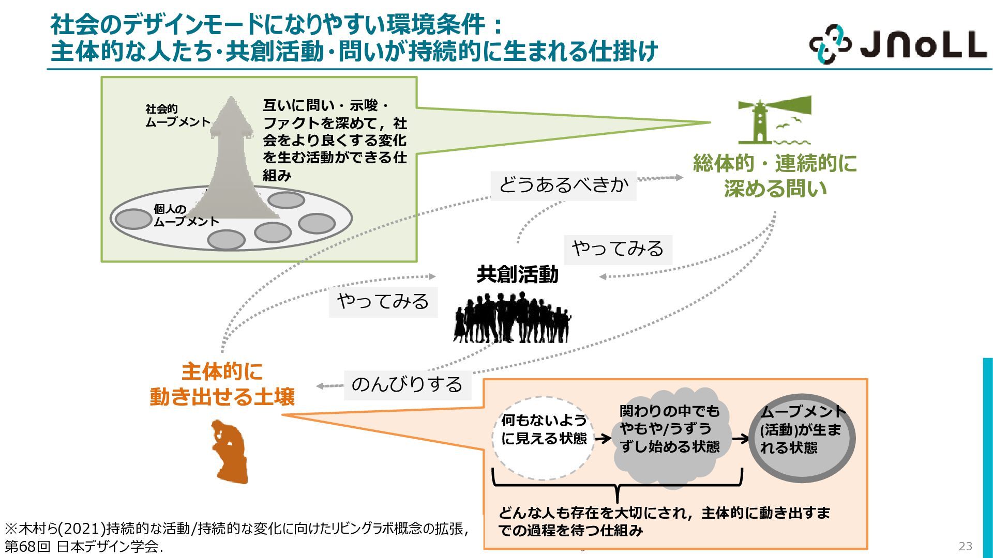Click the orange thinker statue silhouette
pos(230,452)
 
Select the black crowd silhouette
pos(512,317)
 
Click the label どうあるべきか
pos(563,185)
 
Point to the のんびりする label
pos(407,384)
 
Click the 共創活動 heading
pos(517,274)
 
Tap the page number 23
pos(965,546)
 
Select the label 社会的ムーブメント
pos(177,116)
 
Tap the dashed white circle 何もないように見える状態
pos(543,438)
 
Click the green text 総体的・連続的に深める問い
pos(775,176)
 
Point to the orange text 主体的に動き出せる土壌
pos(222,384)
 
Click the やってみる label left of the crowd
pos(383,302)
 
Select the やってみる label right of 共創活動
pos(618,250)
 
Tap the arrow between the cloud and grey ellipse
pos(741,439)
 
